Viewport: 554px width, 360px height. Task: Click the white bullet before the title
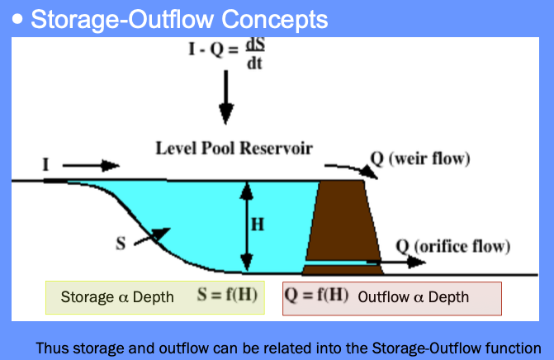(x=17, y=19)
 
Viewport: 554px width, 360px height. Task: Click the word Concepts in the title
(x=275, y=20)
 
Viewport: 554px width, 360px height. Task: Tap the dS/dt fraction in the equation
(x=255, y=54)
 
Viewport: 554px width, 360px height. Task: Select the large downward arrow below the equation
(x=225, y=97)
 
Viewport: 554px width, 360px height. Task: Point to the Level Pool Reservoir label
(x=234, y=148)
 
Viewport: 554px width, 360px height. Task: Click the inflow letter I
(x=45, y=164)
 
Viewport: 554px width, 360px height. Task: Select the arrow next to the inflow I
(x=91, y=165)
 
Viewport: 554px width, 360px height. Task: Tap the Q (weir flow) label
(x=420, y=159)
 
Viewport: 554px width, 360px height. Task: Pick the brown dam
(x=343, y=228)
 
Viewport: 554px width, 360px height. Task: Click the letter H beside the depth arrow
(x=258, y=225)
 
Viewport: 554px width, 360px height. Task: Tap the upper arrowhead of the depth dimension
(x=247, y=191)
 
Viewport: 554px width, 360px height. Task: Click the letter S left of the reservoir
(x=121, y=244)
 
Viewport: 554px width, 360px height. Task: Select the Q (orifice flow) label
(x=453, y=247)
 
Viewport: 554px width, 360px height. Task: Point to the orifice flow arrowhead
(x=416, y=262)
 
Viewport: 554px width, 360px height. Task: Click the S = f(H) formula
(x=227, y=295)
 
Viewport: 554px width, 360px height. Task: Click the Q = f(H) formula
(x=316, y=295)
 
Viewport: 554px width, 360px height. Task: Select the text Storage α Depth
(x=117, y=297)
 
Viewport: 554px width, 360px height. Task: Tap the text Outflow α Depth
(x=414, y=297)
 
